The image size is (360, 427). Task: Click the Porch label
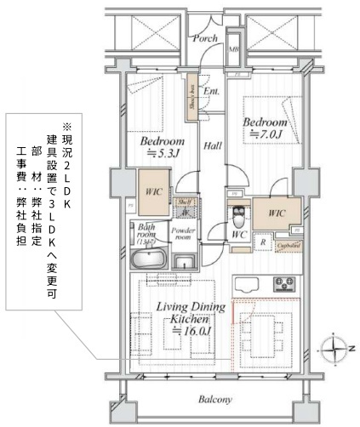pyautogui.click(x=205, y=38)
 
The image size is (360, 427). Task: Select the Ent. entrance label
pyautogui.click(x=212, y=90)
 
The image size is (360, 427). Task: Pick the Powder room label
pyautogui.click(x=185, y=234)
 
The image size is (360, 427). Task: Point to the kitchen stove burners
pyautogui.click(x=283, y=284)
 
